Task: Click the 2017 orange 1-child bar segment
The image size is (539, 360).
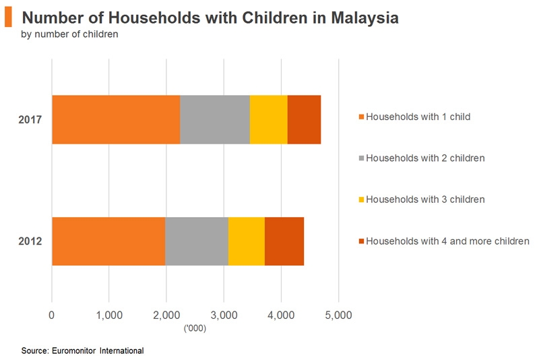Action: click(x=116, y=120)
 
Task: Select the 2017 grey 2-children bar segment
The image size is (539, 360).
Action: click(x=215, y=120)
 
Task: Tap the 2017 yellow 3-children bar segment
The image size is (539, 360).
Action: click(x=268, y=120)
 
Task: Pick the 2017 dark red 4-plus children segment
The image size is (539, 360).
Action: click(x=304, y=120)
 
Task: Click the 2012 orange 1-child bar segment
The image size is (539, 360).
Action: click(x=108, y=241)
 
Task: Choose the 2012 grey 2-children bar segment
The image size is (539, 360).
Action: click(x=197, y=241)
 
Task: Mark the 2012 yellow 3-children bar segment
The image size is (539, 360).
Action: click(x=247, y=241)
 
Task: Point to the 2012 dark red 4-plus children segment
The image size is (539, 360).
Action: click(x=284, y=241)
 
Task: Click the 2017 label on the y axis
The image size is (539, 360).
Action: click(x=30, y=120)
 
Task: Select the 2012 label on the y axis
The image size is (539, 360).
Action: click(x=30, y=241)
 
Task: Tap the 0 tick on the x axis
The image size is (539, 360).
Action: click(x=52, y=314)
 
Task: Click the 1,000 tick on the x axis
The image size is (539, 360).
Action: click(x=108, y=314)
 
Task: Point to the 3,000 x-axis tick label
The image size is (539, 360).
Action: click(x=224, y=314)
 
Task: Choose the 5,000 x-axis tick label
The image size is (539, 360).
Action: click(x=338, y=314)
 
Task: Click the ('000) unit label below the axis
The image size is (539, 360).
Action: click(x=195, y=328)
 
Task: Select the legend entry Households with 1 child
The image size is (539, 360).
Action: click(x=418, y=117)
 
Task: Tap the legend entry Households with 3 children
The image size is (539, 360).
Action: click(x=425, y=200)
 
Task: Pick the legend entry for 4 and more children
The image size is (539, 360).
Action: click(x=447, y=241)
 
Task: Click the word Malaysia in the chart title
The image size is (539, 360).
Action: click(x=364, y=18)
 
